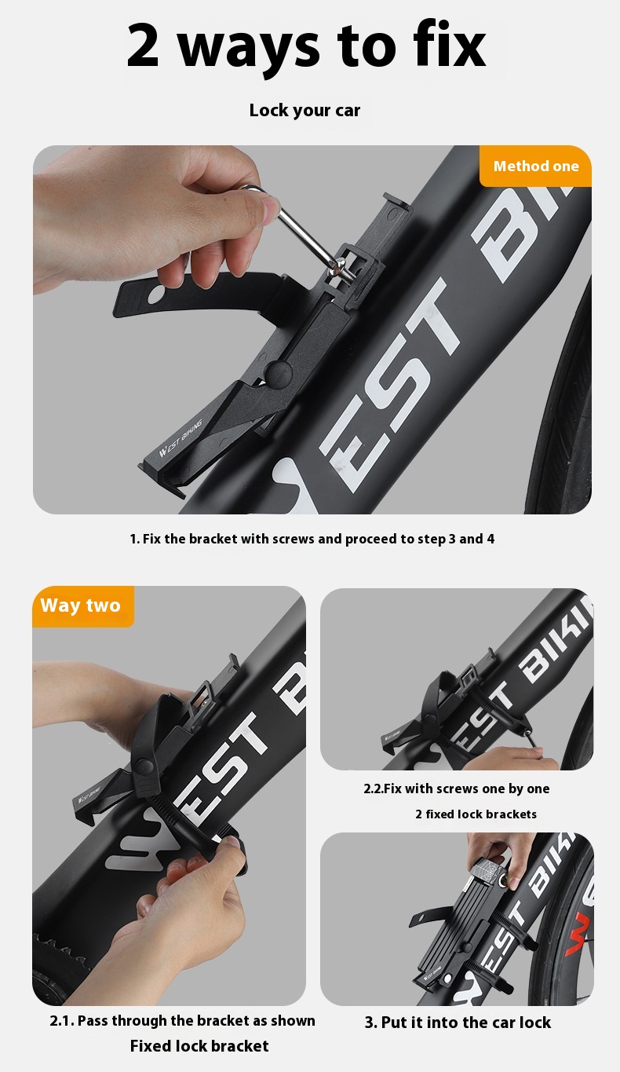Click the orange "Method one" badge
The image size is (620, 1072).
(x=535, y=166)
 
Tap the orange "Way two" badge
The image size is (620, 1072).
(x=82, y=606)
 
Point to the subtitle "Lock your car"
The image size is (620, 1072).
(x=305, y=111)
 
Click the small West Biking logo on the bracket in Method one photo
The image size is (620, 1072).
(x=181, y=437)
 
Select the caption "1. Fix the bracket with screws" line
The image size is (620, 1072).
(x=312, y=540)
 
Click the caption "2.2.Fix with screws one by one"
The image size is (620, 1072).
(x=457, y=788)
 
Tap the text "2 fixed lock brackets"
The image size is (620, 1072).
(x=476, y=814)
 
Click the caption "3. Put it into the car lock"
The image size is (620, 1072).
(x=458, y=1023)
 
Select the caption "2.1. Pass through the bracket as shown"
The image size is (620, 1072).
(x=182, y=1021)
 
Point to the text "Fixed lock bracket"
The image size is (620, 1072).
(x=199, y=1046)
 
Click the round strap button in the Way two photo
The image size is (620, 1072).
(x=143, y=768)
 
